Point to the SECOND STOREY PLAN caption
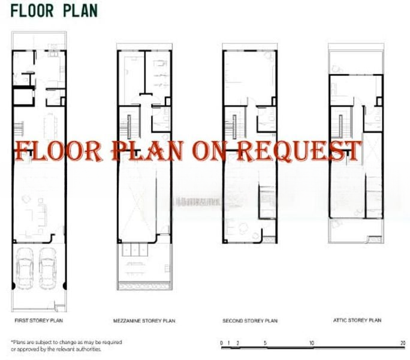pos(249,321)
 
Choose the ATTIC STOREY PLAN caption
pos(357,320)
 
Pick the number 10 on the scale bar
pos(312,343)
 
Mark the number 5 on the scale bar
pos(266,343)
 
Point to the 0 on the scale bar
pos(222,343)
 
